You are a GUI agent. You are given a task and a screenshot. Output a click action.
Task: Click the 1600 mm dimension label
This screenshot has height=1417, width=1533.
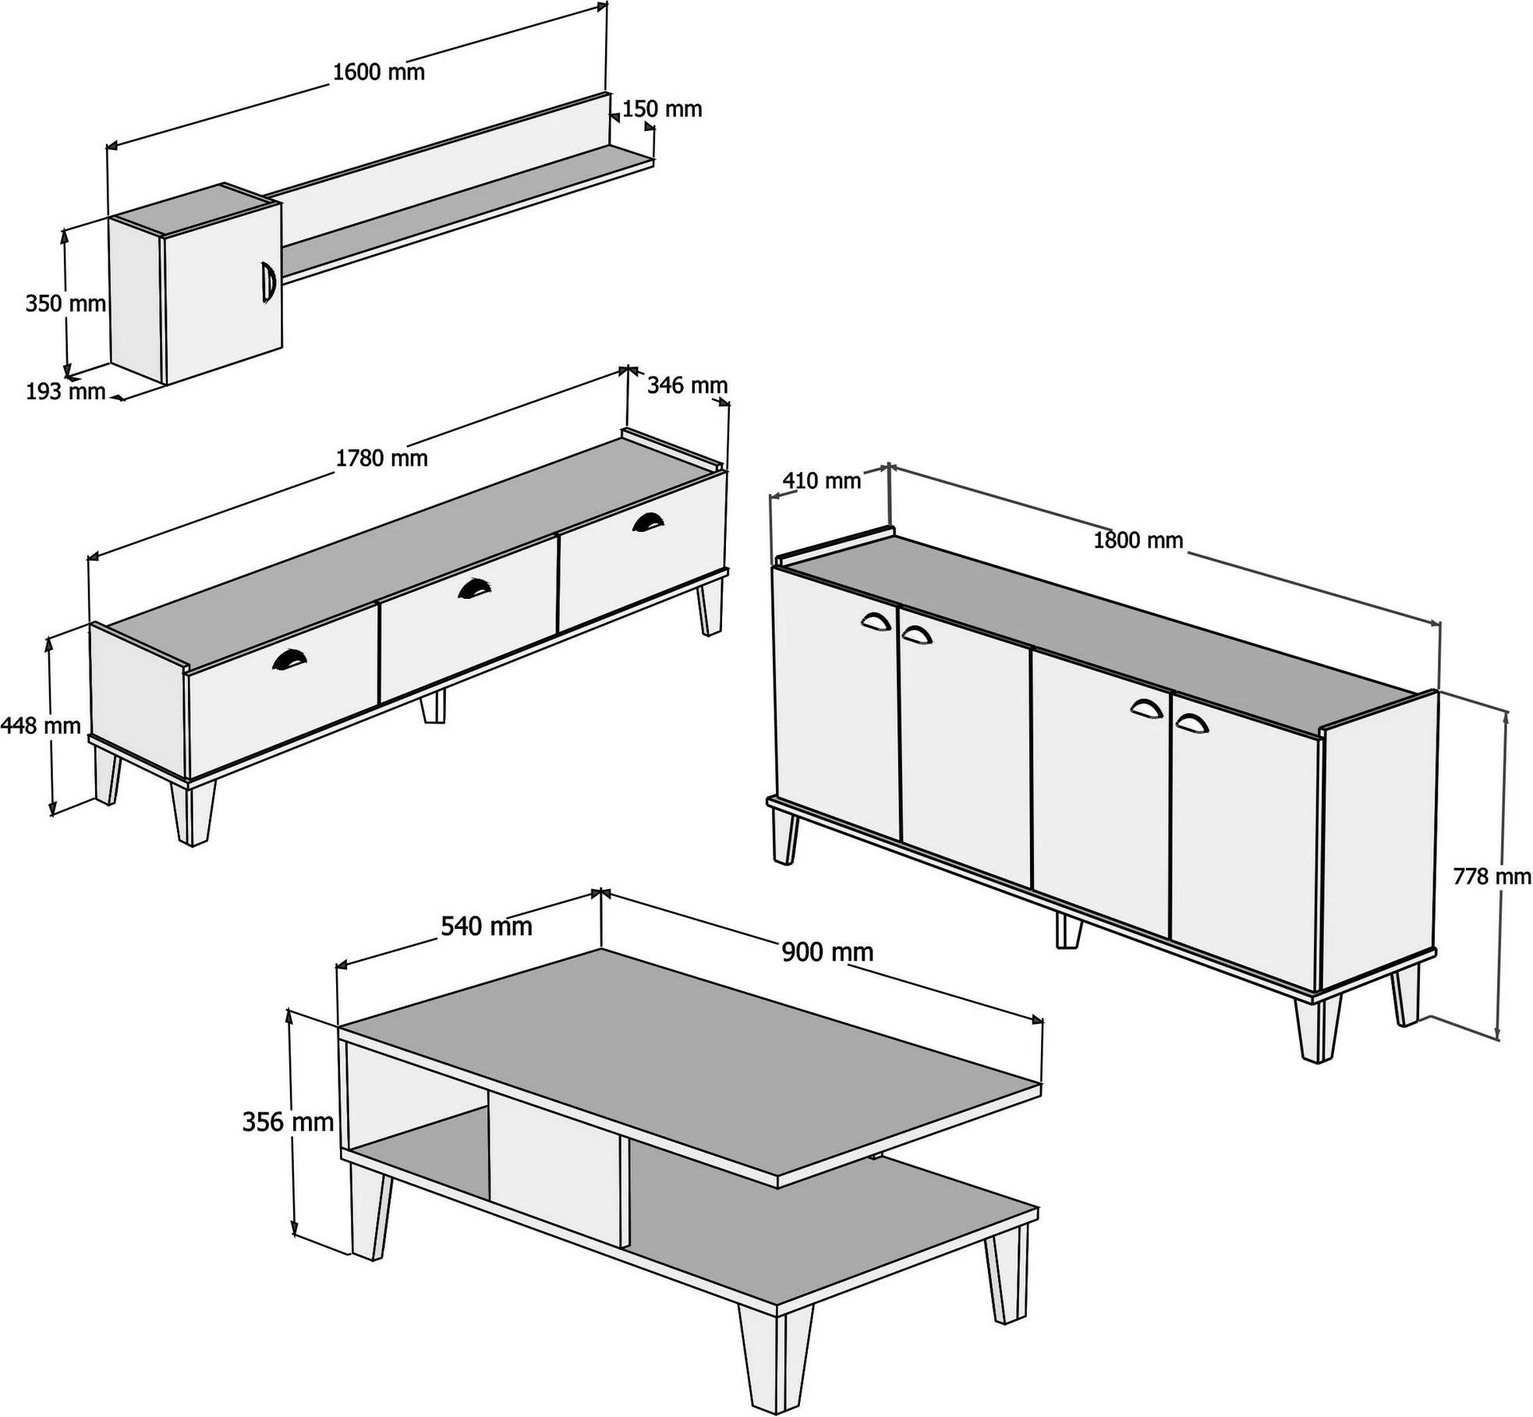(x=379, y=73)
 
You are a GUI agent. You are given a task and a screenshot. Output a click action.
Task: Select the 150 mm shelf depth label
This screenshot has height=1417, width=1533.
(x=662, y=109)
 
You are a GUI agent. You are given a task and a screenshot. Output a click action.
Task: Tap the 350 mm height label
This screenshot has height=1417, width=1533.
(x=65, y=303)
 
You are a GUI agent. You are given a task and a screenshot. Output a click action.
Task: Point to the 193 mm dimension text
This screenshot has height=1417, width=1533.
(x=65, y=391)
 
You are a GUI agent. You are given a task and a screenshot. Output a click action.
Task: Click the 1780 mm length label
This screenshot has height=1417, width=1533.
(x=382, y=459)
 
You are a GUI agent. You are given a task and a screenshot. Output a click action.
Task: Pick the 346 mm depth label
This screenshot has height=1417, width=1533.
(x=687, y=385)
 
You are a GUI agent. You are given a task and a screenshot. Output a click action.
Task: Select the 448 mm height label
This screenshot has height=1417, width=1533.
(x=41, y=726)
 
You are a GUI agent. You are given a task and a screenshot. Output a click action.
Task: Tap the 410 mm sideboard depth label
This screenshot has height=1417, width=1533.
(x=822, y=481)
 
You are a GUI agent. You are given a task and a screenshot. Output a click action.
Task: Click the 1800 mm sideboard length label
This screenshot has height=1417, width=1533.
(x=1138, y=540)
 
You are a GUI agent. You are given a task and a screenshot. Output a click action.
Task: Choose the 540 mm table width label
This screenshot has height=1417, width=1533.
(x=487, y=926)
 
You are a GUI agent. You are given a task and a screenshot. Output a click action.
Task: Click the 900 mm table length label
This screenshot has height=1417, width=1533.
(x=827, y=952)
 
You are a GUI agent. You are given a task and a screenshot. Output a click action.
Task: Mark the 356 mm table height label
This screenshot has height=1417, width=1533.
(x=288, y=1122)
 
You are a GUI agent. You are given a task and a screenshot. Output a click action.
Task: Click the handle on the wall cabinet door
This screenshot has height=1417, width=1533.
(x=267, y=282)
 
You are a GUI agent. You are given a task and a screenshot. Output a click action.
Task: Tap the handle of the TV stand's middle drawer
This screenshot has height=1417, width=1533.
(x=474, y=587)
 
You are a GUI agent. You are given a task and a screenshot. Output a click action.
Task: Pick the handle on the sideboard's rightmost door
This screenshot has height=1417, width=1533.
(x=1191, y=723)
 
